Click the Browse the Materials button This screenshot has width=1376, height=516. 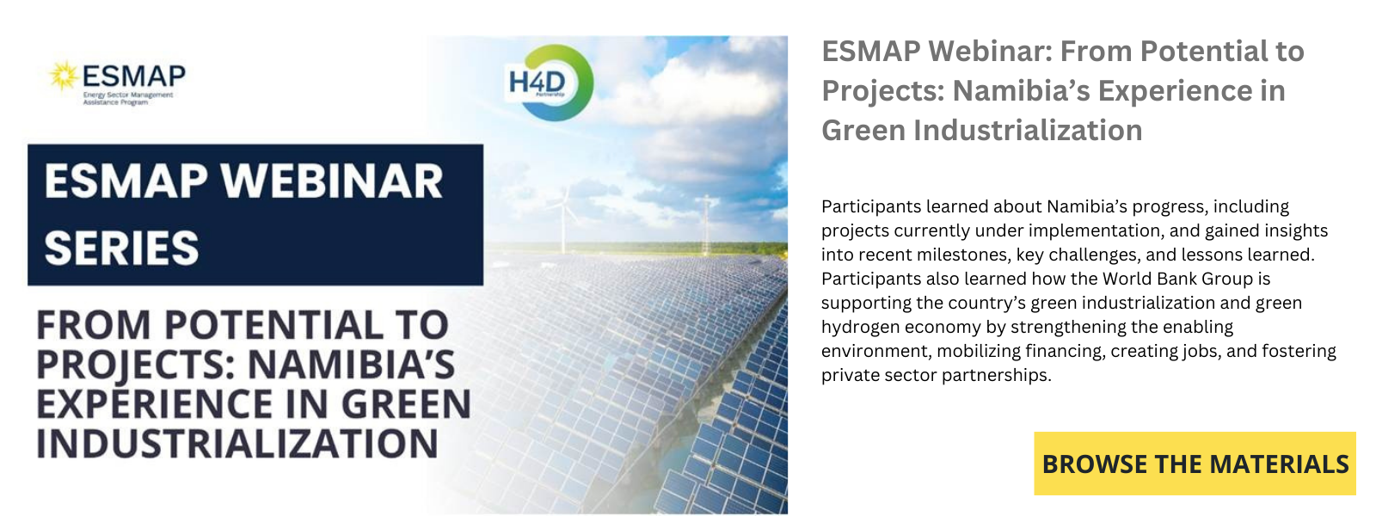[x=1195, y=464]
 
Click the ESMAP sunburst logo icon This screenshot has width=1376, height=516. [x=64, y=77]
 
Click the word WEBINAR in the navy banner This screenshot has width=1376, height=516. [x=332, y=181]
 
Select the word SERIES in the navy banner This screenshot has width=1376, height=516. [x=121, y=249]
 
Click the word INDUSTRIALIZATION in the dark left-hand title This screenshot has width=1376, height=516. [x=237, y=444]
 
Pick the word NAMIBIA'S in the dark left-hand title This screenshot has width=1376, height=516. [x=352, y=365]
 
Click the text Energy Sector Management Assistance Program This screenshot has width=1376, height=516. [x=128, y=98]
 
